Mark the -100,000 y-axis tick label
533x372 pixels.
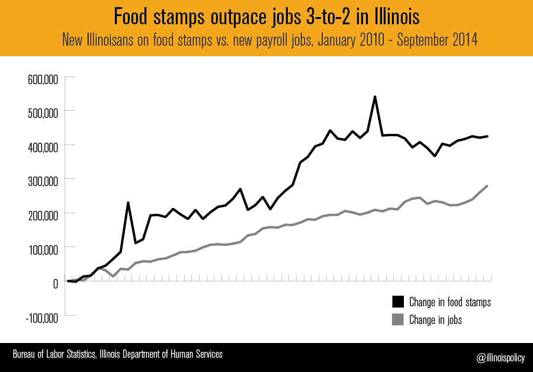click(41, 317)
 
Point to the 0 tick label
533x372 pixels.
click(55, 283)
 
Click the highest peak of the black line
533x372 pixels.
click(375, 97)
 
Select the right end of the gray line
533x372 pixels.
click(487, 186)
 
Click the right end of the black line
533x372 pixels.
click(487, 136)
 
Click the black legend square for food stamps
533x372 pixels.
click(398, 302)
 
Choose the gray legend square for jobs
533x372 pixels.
click(398, 319)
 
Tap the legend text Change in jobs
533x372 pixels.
click(435, 320)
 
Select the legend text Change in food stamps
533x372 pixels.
click(450, 302)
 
